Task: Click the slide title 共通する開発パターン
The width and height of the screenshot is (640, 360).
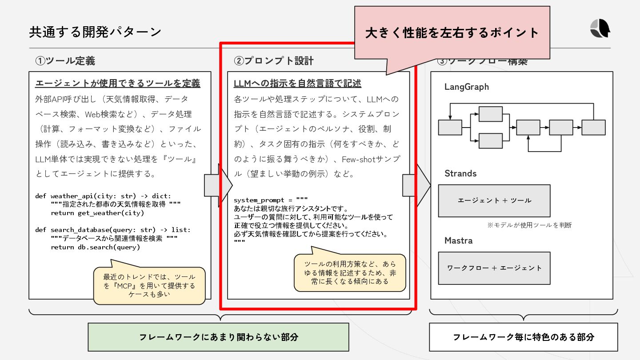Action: pyautogui.click(x=95, y=32)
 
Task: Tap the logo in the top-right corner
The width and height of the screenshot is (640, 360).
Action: pyautogui.click(x=600, y=29)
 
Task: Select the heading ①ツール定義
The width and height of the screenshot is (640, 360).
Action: pyautogui.click(x=65, y=61)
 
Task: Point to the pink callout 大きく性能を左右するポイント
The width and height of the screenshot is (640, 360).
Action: pyautogui.click(x=452, y=33)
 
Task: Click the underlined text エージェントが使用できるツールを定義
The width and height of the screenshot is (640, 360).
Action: pyautogui.click(x=118, y=84)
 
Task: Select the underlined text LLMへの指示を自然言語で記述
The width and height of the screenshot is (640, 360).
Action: pyautogui.click(x=297, y=84)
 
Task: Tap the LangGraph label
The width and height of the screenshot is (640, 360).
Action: pyautogui.click(x=466, y=87)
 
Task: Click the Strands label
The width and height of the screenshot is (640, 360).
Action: pyautogui.click(x=460, y=173)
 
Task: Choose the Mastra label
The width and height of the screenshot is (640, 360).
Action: pyautogui.click(x=458, y=240)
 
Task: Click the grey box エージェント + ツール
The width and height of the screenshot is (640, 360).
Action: pyautogui.click(x=494, y=200)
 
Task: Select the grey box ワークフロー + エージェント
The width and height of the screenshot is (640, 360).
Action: pyautogui.click(x=494, y=268)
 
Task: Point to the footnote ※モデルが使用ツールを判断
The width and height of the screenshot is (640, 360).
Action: pyautogui.click(x=529, y=225)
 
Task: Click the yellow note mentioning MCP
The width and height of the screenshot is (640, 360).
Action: pyautogui.click(x=149, y=285)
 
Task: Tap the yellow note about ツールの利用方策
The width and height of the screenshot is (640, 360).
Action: pyautogui.click(x=350, y=272)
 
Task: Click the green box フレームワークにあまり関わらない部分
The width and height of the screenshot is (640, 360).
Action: pyautogui.click(x=218, y=337)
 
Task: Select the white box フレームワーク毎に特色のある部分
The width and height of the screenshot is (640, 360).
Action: pyautogui.click(x=523, y=337)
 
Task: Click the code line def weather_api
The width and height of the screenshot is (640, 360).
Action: pyautogui.click(x=103, y=196)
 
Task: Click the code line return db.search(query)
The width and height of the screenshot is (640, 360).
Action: pyautogui.click(x=95, y=247)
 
